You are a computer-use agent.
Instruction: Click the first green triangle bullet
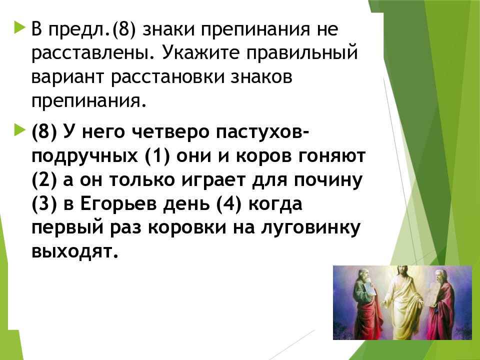pos(19,27)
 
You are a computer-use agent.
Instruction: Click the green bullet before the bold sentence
pos(19,130)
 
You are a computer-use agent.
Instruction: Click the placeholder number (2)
pos(44,180)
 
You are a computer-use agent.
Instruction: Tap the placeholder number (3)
pos(44,204)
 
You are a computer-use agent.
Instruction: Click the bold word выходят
pos(75,252)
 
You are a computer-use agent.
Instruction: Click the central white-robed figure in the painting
pos(402,303)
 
